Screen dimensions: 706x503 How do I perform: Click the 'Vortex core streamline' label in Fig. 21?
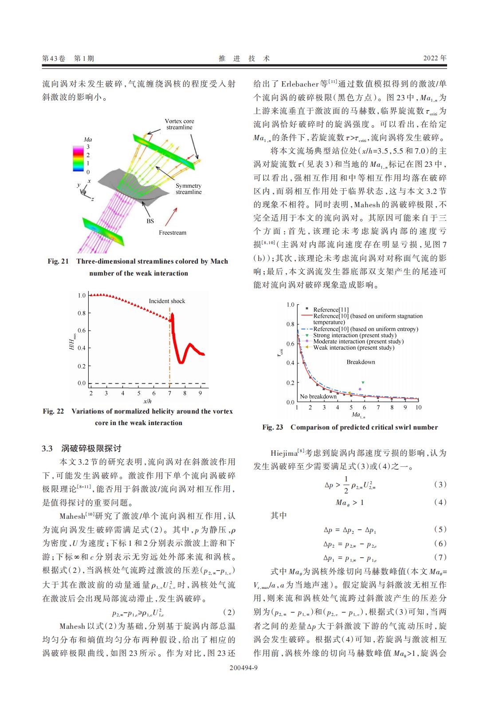[x=179, y=124]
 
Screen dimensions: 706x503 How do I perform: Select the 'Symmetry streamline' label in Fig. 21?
[x=189, y=189]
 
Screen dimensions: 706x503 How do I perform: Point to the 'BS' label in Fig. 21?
[x=150, y=221]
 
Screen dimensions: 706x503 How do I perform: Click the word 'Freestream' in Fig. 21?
[x=173, y=233]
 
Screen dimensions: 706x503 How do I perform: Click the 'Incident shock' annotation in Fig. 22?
[x=167, y=301]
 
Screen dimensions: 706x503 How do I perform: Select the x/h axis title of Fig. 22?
[x=147, y=401]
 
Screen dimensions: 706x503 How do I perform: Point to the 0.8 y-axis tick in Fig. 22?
[x=82, y=313]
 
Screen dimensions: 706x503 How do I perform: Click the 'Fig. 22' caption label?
[x=53, y=411]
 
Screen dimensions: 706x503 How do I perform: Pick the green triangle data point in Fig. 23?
[x=363, y=382]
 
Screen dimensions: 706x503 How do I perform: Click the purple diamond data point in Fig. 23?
[x=360, y=389]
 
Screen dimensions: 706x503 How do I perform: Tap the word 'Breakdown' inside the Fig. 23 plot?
[x=361, y=362]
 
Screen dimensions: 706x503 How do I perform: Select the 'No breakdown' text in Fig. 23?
[x=318, y=397]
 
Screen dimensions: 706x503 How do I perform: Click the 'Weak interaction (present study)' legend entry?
[x=354, y=348]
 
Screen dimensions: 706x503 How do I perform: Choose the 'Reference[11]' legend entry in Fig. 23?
[x=331, y=310]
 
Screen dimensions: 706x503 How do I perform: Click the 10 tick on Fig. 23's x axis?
[x=418, y=407]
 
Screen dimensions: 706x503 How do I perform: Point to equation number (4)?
[x=440, y=502]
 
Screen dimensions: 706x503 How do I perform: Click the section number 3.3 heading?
[x=47, y=448]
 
